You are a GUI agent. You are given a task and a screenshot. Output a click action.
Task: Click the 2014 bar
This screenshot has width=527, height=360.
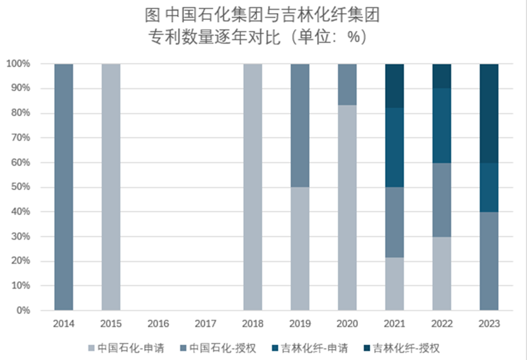pyautogui.click(x=64, y=187)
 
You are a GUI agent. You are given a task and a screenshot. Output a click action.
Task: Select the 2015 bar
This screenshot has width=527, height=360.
pyautogui.click(x=111, y=187)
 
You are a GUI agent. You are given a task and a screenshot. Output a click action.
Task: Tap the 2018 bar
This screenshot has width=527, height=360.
pyautogui.click(x=253, y=187)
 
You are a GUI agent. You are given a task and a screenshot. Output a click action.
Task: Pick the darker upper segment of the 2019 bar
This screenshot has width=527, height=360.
pyautogui.click(x=300, y=125)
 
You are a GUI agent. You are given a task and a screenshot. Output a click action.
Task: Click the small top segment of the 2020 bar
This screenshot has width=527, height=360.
pyautogui.click(x=347, y=84)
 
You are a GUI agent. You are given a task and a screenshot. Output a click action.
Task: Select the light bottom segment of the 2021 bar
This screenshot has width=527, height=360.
pyautogui.click(x=395, y=284)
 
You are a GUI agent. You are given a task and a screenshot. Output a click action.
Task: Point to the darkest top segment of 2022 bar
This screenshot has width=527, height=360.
pyautogui.click(x=442, y=76)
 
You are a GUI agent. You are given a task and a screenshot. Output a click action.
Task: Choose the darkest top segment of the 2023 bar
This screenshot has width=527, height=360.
pyautogui.click(x=489, y=113)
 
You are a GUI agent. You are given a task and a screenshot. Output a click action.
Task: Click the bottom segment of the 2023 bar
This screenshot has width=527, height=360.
pyautogui.click(x=489, y=261)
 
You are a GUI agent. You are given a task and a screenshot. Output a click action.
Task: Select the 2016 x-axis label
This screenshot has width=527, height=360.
pyautogui.click(x=158, y=324)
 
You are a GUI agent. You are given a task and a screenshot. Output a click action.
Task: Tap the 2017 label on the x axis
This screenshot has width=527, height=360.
pyautogui.click(x=205, y=324)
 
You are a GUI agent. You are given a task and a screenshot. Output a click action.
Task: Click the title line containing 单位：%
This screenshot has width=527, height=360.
pyautogui.click(x=263, y=37)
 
